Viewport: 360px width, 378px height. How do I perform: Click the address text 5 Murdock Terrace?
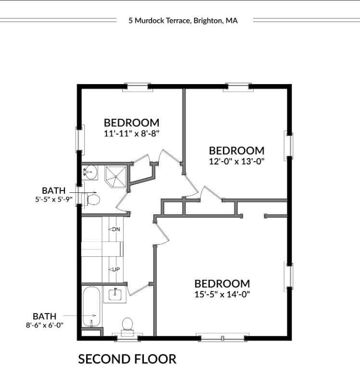click(x=159, y=21)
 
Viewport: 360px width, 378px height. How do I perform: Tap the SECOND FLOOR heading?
click(x=127, y=359)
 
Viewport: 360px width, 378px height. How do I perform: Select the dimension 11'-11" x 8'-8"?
click(x=131, y=134)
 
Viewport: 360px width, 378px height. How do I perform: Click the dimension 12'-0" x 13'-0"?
click(x=237, y=162)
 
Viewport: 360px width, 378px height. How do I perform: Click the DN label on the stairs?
click(x=116, y=229)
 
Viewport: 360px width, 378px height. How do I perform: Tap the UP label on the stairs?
click(x=116, y=269)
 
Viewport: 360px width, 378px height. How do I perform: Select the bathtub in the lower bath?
click(x=92, y=307)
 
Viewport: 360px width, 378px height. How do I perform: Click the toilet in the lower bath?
click(x=128, y=325)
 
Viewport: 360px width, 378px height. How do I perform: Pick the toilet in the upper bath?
click(x=92, y=199)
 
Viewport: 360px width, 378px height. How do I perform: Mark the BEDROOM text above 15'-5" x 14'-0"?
click(x=222, y=283)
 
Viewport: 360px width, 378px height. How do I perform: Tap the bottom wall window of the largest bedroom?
click(x=221, y=338)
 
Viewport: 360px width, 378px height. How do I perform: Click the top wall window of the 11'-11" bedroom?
click(x=138, y=87)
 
